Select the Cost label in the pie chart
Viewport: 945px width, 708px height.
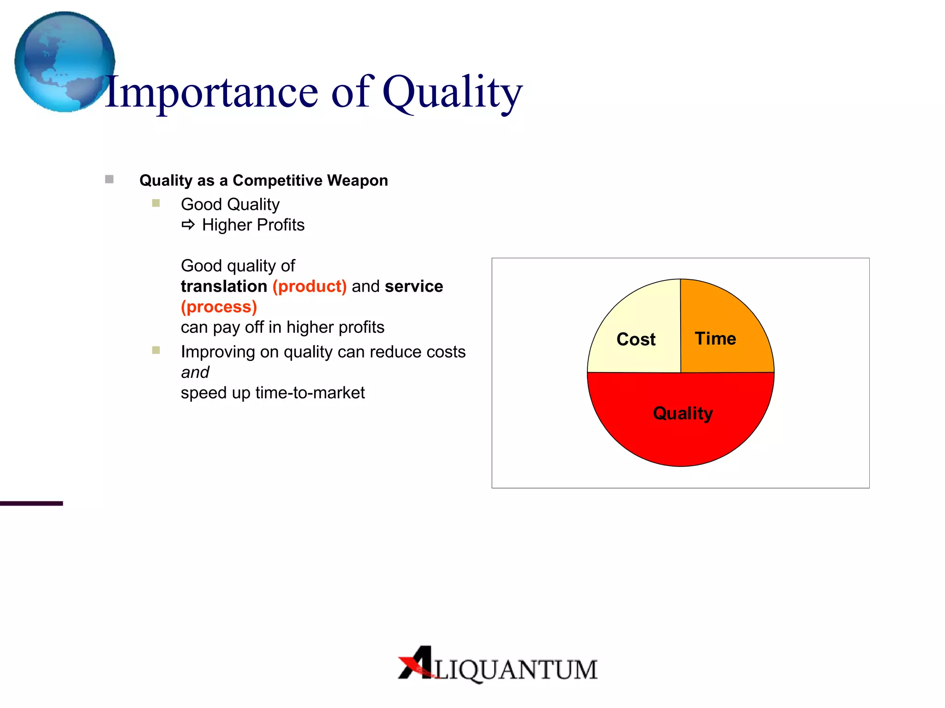coord(636,339)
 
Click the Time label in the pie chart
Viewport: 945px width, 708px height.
coord(715,338)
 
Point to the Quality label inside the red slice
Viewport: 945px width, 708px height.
coord(683,413)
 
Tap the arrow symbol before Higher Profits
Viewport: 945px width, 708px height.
coord(188,225)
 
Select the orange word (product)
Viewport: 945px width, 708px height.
coord(309,286)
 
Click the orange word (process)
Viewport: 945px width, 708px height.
coord(219,307)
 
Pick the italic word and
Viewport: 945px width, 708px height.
coord(195,372)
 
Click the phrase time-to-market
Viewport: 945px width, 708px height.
coord(310,393)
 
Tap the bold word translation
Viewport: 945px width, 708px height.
coord(224,286)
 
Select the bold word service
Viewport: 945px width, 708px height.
coord(414,286)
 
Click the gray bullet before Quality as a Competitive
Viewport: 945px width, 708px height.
coord(109,179)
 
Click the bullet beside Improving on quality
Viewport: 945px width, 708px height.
coord(156,350)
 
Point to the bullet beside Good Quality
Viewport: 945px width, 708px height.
coord(156,203)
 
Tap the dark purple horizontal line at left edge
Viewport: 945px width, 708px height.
coord(31,503)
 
